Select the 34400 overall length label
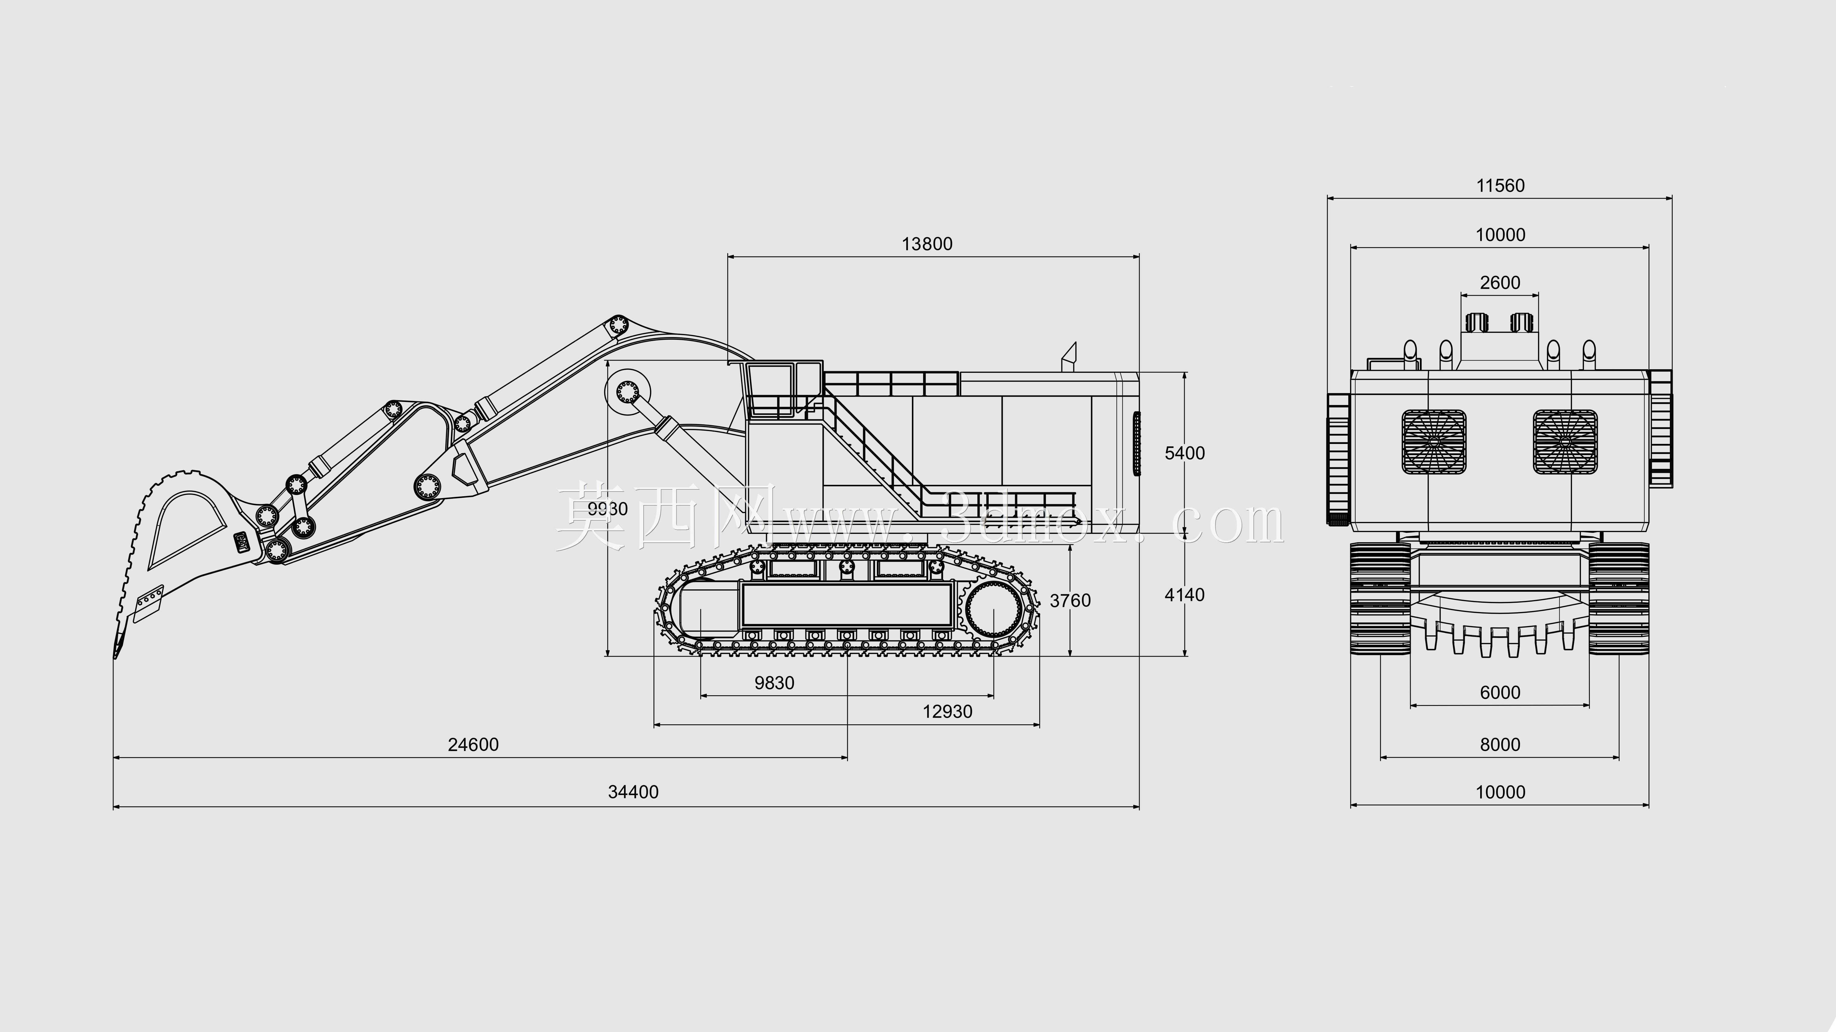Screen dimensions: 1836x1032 (x=633, y=792)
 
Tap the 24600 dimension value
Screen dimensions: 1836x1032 (x=473, y=745)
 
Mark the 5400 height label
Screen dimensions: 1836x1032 (x=1185, y=453)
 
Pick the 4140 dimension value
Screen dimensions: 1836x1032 (x=1185, y=595)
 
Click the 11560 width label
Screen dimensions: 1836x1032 (x=1500, y=186)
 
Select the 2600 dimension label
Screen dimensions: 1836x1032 (x=1500, y=283)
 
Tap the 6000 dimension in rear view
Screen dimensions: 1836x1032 (x=1500, y=693)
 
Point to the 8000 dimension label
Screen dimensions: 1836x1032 (x=1500, y=745)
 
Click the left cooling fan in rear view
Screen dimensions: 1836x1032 (x=1434, y=442)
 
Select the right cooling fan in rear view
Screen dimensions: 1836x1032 (x=1565, y=442)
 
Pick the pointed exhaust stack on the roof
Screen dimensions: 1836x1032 (x=1069, y=356)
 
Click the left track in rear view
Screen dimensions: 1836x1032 (x=1380, y=599)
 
